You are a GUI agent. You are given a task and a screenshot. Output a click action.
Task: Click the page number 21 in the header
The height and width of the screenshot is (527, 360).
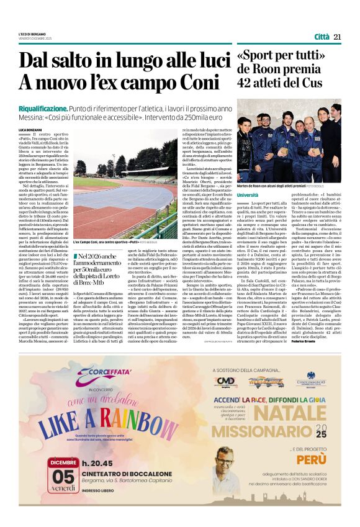338,37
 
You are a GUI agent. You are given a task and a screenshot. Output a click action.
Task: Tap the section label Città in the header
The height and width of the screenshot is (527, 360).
322,37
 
